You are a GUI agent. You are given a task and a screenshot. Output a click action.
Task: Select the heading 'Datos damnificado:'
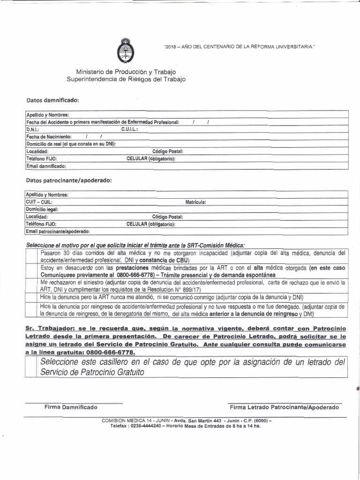coord(53,100)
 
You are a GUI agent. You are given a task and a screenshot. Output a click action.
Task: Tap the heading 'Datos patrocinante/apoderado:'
coord(69,180)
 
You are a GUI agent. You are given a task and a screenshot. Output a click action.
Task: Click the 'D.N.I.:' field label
coord(33,129)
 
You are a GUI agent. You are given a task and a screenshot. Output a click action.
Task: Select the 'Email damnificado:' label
coord(46,166)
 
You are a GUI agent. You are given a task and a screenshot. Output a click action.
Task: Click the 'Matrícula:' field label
coord(195,202)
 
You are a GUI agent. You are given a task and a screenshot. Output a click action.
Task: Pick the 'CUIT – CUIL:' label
coord(39,202)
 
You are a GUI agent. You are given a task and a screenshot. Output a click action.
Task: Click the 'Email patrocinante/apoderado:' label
coord(58,232)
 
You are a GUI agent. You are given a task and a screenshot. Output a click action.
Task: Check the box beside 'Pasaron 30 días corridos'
coord(31,256)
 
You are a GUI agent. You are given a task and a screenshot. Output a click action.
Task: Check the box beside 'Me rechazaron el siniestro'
coord(31,286)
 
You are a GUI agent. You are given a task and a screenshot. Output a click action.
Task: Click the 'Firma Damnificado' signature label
coord(71,407)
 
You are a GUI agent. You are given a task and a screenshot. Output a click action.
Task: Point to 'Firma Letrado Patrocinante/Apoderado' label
coord(284,407)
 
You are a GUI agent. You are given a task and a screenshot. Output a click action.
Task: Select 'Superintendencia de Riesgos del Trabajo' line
coord(126,79)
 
